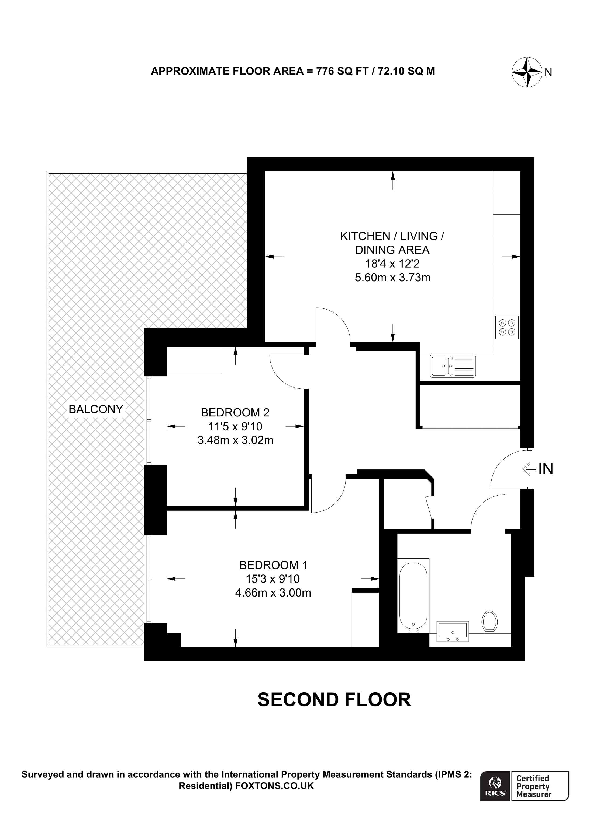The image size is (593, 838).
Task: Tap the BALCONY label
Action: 96,409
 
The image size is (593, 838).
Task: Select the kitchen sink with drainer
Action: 452,366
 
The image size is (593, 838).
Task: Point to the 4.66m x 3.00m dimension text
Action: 273,593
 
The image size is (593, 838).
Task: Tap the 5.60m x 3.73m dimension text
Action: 392,278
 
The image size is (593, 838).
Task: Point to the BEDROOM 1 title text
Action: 273,565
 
